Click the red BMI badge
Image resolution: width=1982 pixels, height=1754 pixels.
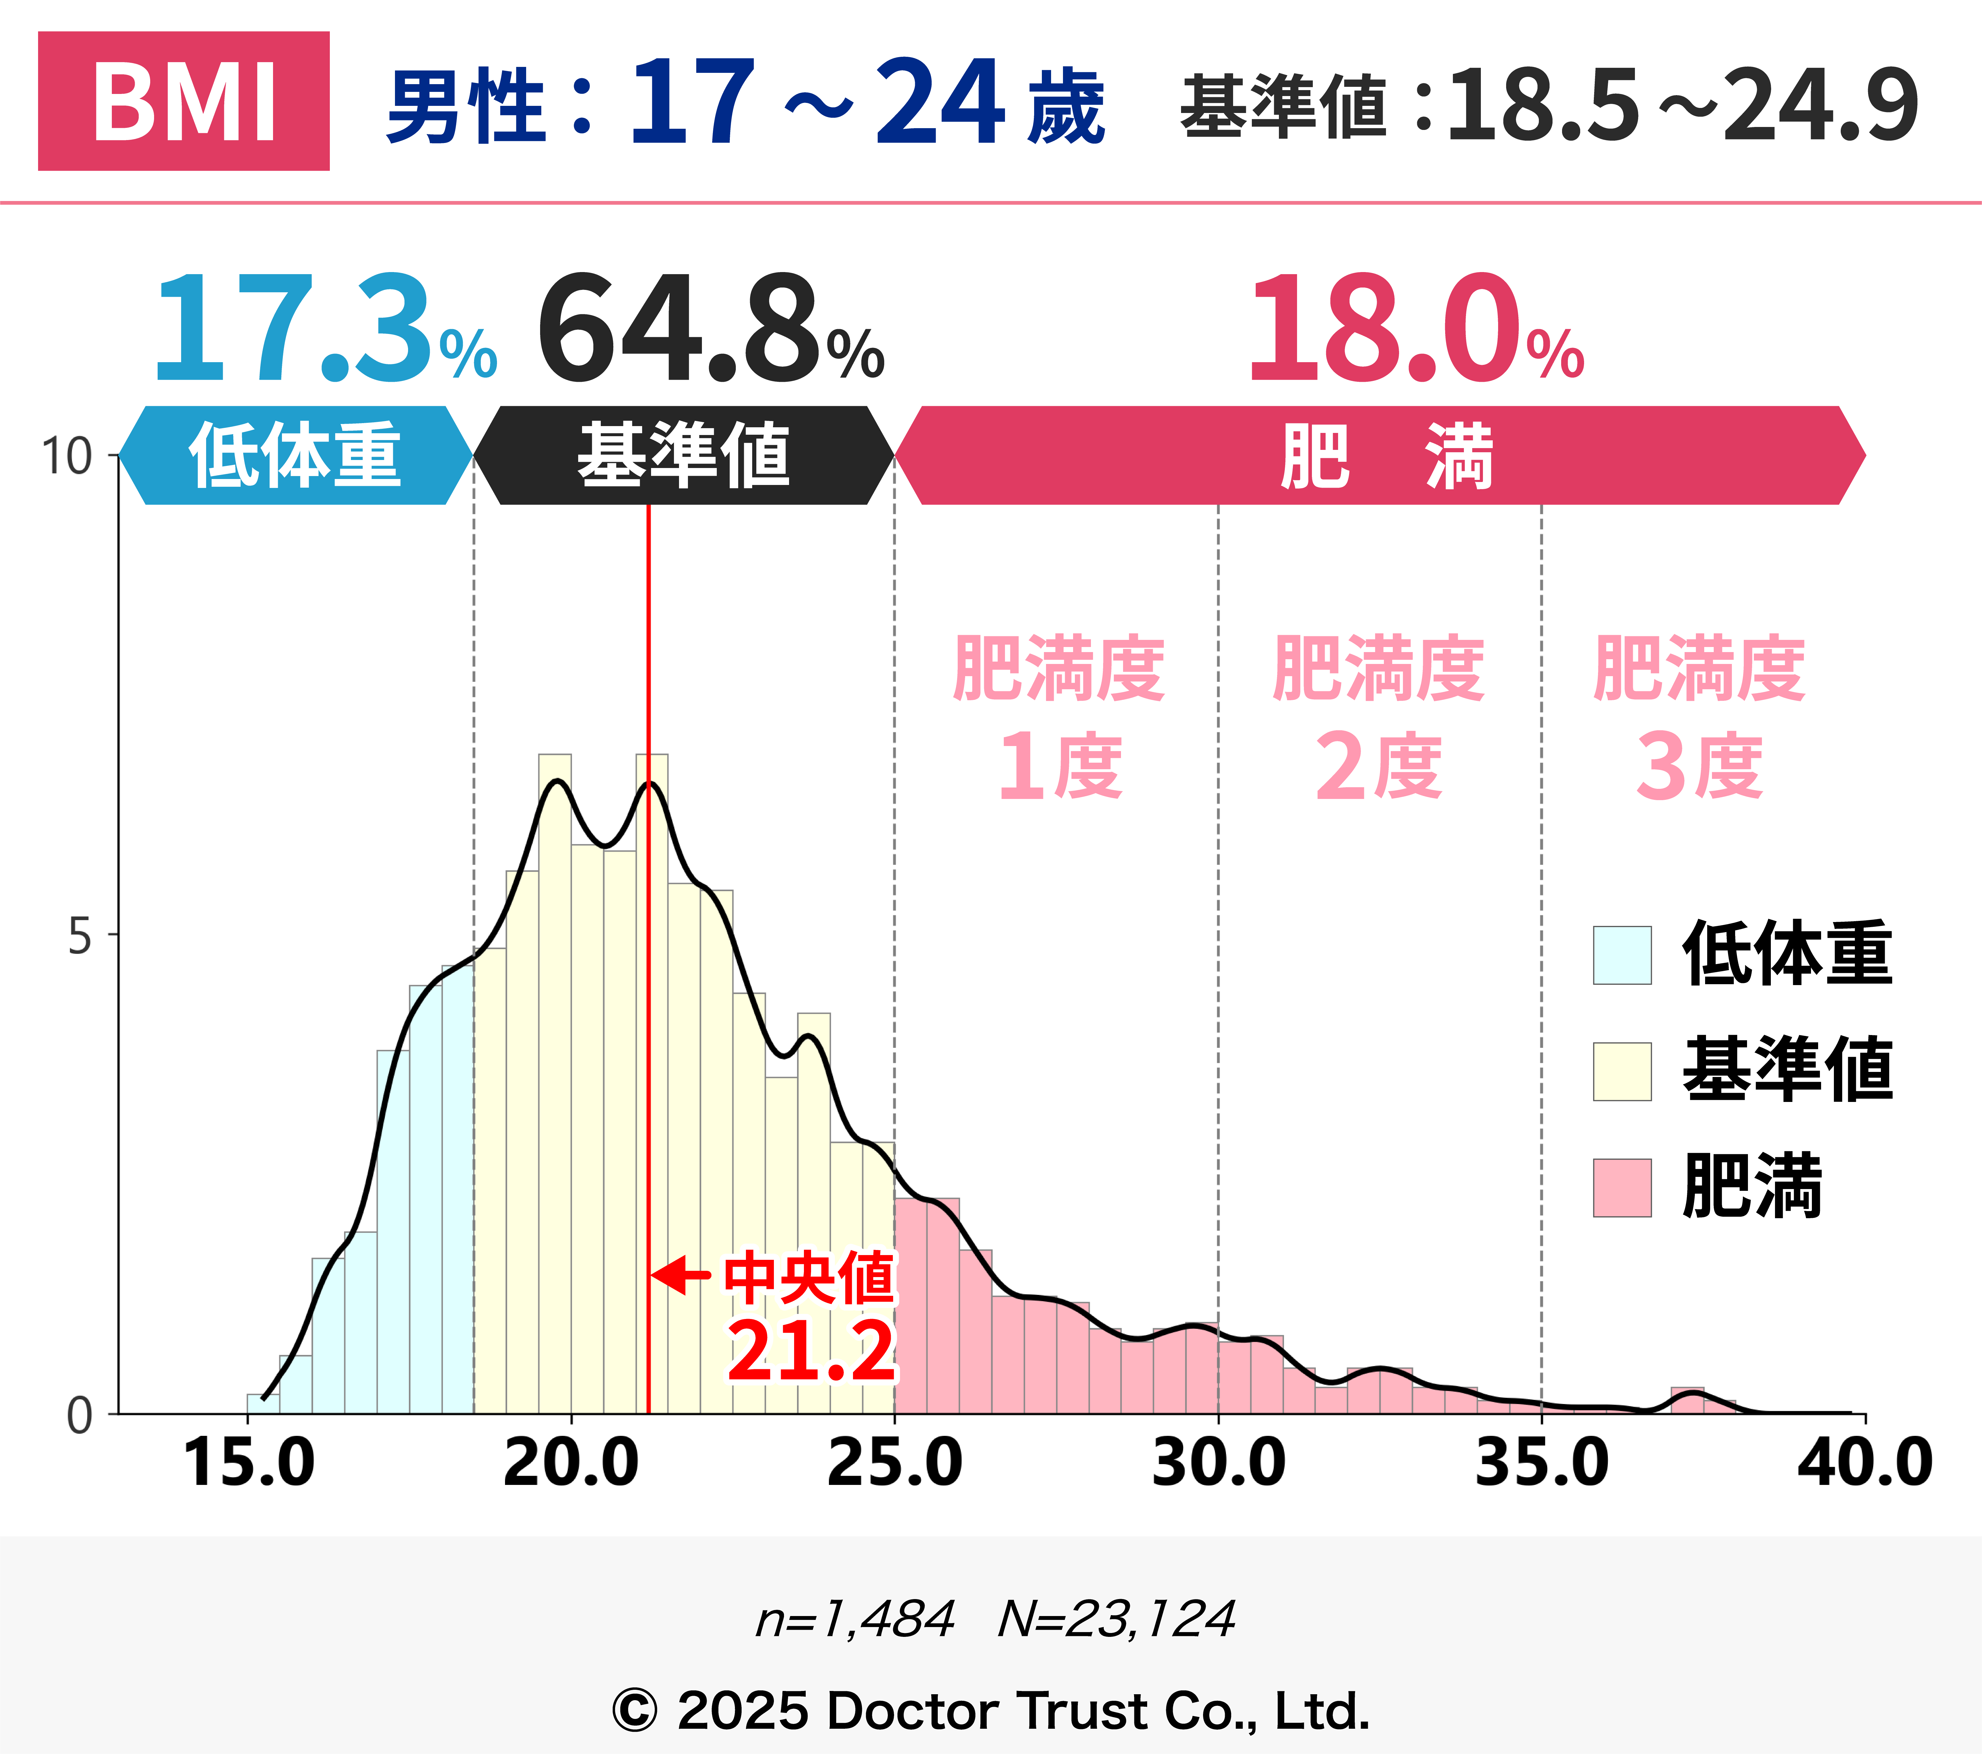183,101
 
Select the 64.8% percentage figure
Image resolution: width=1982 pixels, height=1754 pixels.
710,330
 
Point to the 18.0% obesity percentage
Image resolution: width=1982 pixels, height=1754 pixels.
1416,330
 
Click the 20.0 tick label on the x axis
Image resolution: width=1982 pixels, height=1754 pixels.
571,1464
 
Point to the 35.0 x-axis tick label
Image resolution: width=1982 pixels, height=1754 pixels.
1542,1464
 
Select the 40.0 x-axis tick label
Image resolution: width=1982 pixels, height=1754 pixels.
1864,1464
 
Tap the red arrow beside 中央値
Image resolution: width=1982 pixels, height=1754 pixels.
681,1275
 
